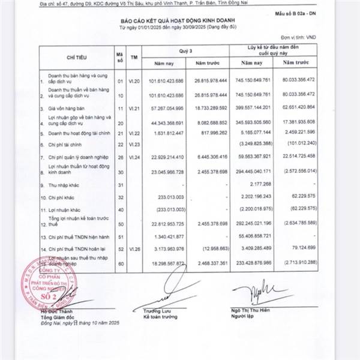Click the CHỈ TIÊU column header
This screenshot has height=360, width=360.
[78, 56]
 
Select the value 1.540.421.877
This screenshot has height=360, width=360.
[175, 235]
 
